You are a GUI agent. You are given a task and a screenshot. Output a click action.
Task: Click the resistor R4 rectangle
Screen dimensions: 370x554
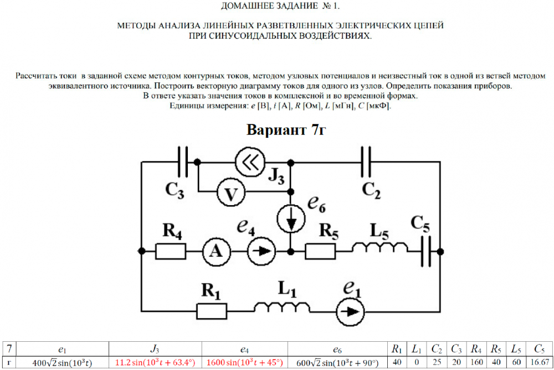[171, 251]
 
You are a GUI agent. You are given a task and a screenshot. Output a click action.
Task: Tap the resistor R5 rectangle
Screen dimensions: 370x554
[321, 251]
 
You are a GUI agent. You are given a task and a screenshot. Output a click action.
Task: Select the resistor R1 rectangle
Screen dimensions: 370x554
[212, 310]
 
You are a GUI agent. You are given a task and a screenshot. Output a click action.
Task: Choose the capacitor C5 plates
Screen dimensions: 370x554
[425, 251]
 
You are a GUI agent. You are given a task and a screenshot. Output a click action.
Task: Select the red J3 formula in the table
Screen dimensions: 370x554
[155, 363]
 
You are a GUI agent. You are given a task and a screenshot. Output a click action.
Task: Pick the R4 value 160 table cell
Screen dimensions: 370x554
[475, 363]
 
